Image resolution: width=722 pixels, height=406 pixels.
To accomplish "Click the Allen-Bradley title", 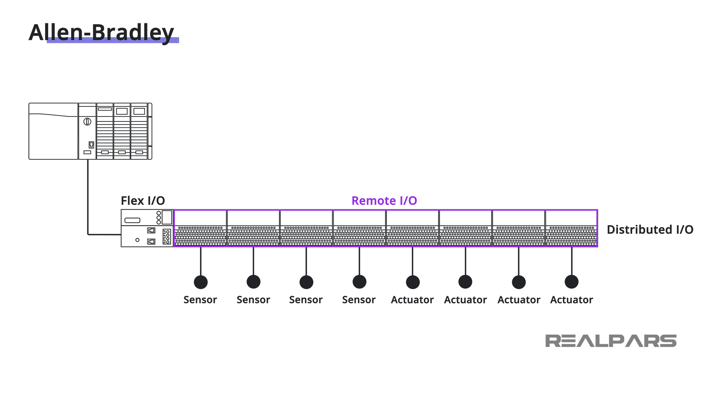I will [x=102, y=32].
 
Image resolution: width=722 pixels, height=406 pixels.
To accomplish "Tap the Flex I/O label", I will [x=143, y=201].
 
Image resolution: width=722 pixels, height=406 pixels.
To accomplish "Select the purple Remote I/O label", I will [x=384, y=201].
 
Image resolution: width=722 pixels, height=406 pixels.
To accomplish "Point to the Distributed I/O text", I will [x=650, y=230].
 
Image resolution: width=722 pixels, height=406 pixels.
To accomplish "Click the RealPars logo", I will [x=611, y=341].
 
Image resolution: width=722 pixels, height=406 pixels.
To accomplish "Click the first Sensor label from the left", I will [x=200, y=300].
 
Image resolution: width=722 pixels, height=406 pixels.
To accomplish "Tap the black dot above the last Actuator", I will [x=572, y=282].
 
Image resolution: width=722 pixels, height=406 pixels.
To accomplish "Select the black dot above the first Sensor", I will [x=201, y=282].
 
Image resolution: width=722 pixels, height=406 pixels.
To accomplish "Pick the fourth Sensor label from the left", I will [x=359, y=300].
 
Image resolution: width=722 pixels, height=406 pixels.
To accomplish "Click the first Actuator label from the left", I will [x=412, y=300].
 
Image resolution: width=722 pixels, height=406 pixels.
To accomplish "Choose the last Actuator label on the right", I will [x=572, y=300].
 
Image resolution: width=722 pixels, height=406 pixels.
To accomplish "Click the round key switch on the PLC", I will [x=87, y=121].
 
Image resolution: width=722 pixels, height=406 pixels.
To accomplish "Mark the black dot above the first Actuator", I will [x=413, y=282].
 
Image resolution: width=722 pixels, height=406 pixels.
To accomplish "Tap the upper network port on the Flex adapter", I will [x=151, y=230].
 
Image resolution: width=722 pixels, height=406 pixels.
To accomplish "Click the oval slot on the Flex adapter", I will [x=132, y=220].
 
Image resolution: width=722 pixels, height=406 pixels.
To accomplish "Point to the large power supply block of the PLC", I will [x=53, y=132].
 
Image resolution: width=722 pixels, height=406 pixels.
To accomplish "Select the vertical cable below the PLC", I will [x=88, y=195].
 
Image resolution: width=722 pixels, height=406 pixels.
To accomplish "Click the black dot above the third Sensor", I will [x=306, y=282].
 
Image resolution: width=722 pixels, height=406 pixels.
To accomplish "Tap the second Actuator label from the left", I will [x=466, y=300].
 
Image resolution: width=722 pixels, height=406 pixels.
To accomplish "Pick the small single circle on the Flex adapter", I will [x=137, y=240].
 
